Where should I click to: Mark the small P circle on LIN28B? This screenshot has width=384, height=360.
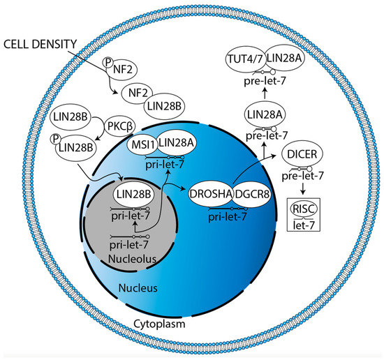tap(57, 143)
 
